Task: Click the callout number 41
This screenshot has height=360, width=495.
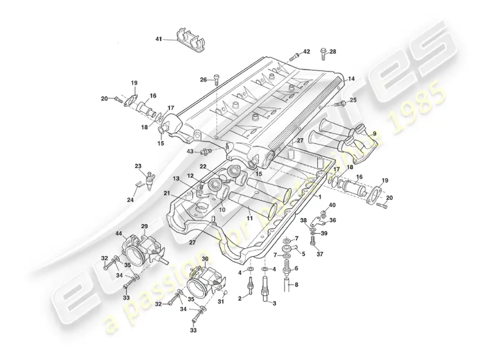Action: pyautogui.click(x=158, y=39)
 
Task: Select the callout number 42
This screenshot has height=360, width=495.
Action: pyautogui.click(x=306, y=52)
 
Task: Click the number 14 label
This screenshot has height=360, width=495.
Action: pyautogui.click(x=351, y=78)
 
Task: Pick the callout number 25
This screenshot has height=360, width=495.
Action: pyautogui.click(x=353, y=99)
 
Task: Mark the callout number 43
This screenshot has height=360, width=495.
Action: pyautogui.click(x=190, y=152)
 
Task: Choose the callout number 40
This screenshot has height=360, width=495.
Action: pyautogui.click(x=333, y=205)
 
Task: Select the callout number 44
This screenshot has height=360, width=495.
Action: pyautogui.click(x=119, y=234)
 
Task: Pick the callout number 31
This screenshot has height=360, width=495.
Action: pyautogui.click(x=221, y=301)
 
